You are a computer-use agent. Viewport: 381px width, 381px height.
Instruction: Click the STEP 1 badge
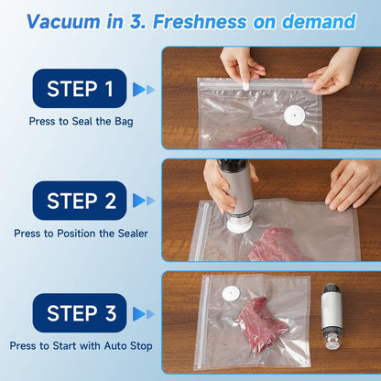pos(80,88)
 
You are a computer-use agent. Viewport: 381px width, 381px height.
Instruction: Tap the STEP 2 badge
pos(80,201)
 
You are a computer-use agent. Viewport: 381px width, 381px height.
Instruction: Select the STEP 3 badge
pos(80,313)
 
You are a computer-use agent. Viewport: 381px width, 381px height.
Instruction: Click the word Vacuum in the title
pos(63,21)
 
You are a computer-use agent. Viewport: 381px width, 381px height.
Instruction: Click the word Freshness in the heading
pos(200,21)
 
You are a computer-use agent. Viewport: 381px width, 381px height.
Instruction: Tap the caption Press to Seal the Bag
pos(81,122)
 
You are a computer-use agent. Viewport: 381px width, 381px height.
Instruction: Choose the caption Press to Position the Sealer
pos(81,234)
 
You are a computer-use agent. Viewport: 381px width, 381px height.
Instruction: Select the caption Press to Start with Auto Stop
pos(81,346)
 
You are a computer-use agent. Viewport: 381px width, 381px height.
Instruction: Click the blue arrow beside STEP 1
pos(144,90)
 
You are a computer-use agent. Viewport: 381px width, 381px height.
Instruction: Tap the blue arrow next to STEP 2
pos(144,201)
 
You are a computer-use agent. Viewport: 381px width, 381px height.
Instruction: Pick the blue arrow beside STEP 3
pos(144,314)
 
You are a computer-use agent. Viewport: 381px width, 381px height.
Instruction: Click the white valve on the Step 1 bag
pos(294,115)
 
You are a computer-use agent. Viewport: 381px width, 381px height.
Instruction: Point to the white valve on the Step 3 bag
pos(231,294)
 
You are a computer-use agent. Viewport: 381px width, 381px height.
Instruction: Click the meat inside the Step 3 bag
pos(262,323)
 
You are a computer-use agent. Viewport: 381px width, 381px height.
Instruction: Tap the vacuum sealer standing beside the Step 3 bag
pos(332,316)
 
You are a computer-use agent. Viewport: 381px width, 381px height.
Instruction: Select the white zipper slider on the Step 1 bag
pos(246,86)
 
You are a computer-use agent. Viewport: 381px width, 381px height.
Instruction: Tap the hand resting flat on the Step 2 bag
pos(351,186)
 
